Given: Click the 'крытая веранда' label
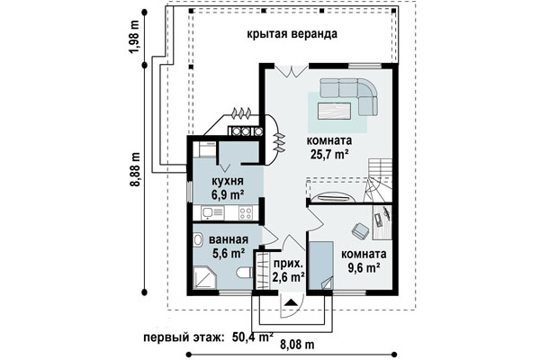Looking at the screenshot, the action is tap(292, 34).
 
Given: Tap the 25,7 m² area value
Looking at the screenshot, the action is tap(329, 154).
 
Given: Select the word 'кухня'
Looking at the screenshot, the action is tap(228, 181).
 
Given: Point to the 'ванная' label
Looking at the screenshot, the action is tap(229, 239).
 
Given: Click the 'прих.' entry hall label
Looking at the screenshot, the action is tap(289, 264).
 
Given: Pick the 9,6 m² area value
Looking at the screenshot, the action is tap(364, 267).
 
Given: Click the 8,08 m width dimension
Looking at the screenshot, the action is tap(297, 345).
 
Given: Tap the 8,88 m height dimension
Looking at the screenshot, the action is tap(136, 169).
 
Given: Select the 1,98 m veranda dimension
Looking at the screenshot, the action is tap(135, 37).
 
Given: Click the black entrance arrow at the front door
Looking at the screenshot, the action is tap(292, 302).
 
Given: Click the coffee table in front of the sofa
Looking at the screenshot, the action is tap(335, 111).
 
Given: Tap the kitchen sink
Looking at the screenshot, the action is tap(209, 212).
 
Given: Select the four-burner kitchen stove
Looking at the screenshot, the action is tap(246, 212).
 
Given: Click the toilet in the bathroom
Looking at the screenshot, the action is tap(245, 274).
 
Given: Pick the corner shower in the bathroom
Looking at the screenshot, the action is tap(205, 278).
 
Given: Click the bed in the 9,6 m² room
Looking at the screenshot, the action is tap(321, 265).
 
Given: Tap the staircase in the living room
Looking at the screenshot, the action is tap(378, 181).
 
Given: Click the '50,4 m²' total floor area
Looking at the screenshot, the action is tap(253, 337).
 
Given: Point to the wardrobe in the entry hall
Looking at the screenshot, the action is tap(263, 271).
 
